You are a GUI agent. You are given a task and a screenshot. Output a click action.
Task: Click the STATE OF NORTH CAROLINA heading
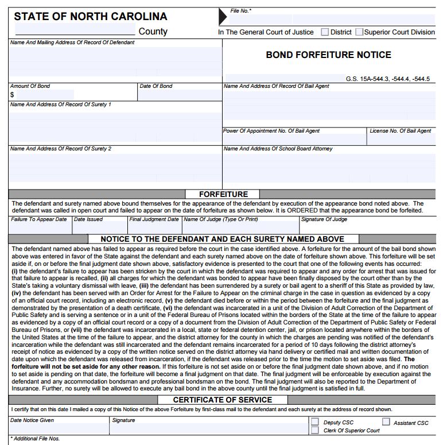click(x=91, y=16)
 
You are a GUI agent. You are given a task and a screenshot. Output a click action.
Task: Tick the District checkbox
click(x=325, y=32)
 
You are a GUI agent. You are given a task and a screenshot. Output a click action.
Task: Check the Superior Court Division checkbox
click(x=359, y=32)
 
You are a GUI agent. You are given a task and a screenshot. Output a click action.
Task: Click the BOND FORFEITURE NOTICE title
click(x=328, y=55)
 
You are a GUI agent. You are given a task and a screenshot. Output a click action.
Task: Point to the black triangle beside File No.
click(x=223, y=17)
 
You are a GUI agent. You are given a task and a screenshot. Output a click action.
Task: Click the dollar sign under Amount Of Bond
click(x=12, y=95)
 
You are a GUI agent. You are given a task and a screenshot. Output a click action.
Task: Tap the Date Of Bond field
click(x=180, y=95)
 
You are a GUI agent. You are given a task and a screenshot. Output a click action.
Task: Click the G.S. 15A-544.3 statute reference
click(x=387, y=79)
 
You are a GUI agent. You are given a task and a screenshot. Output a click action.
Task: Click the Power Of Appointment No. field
click(x=294, y=139)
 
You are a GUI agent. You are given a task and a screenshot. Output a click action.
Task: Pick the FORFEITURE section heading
click(x=223, y=194)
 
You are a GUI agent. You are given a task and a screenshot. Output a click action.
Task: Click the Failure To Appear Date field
click(x=40, y=228)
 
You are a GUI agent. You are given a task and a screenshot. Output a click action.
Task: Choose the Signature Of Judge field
click(x=367, y=228)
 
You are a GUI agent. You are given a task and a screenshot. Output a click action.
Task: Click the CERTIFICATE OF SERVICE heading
click(x=223, y=400)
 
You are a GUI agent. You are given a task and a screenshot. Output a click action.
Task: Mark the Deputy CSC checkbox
click(x=314, y=422)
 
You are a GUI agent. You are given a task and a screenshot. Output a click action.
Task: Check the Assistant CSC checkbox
click(x=386, y=422)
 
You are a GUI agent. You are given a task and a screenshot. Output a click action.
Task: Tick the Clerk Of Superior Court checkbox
click(x=314, y=430)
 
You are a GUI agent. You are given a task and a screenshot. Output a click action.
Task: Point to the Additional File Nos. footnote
click(x=35, y=439)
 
